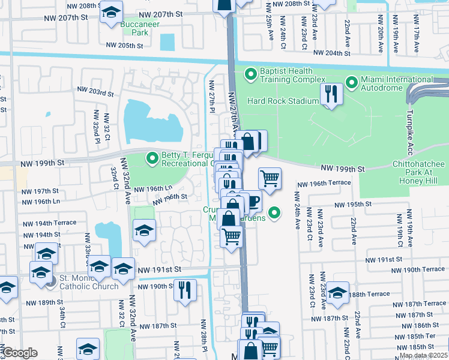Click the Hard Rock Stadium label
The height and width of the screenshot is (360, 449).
(282, 101)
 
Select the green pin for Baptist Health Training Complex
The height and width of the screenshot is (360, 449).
(250, 74)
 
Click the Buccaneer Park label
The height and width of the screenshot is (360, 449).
(134, 29)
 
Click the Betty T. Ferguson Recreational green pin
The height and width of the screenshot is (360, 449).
(153, 158)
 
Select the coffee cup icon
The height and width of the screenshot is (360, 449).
(252, 201)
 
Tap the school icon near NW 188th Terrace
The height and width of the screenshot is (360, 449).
(337, 292)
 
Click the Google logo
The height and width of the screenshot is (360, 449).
(20, 353)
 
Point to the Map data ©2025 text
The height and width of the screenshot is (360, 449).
(423, 355)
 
